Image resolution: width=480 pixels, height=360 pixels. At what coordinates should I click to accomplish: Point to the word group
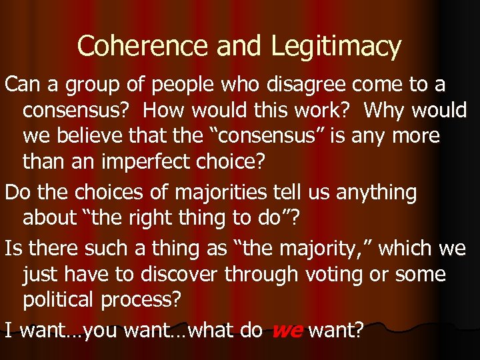(82, 85)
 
